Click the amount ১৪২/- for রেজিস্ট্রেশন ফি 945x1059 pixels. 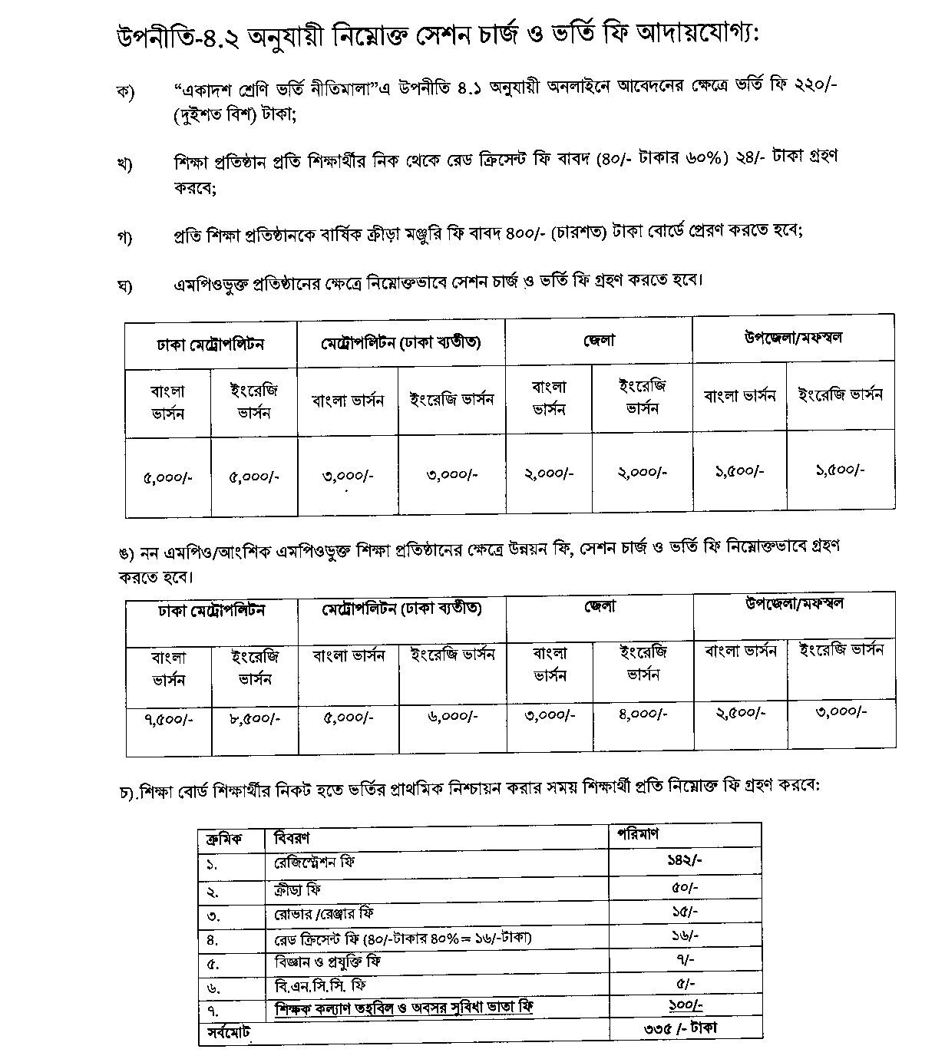(x=684, y=860)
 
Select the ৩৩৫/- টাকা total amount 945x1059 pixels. (x=680, y=1028)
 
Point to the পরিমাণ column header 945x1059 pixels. (x=638, y=834)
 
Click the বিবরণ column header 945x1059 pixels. (x=292, y=838)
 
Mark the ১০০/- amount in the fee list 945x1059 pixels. (x=684, y=1004)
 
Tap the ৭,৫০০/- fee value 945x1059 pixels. (x=168, y=720)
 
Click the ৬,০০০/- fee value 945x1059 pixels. (x=452, y=716)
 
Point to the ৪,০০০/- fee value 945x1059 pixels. (x=643, y=714)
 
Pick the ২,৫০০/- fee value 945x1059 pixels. (x=740, y=713)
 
